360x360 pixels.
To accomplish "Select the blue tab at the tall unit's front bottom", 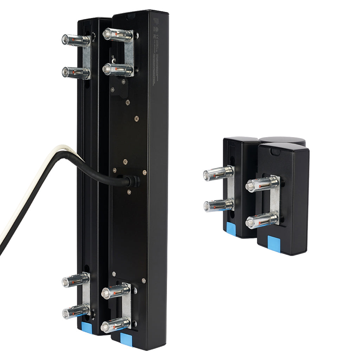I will coord(126,340).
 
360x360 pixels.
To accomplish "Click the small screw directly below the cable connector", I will coord(129,192).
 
